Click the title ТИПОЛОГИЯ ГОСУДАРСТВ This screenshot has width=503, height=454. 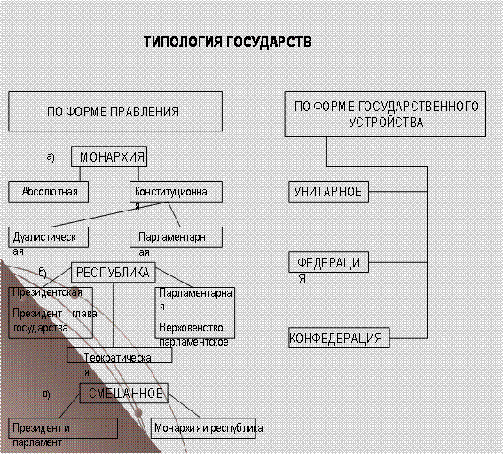point(228,43)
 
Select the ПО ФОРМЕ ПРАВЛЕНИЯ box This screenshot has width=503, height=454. point(115,111)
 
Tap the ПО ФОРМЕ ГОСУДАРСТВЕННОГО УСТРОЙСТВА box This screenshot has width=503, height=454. point(385,114)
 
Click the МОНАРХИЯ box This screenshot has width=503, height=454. point(109,156)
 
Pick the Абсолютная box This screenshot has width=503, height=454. point(49,192)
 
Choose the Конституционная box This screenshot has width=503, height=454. point(176,192)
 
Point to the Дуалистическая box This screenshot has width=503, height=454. point(49,237)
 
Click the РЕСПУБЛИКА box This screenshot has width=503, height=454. point(114,273)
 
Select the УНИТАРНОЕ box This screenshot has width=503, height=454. point(328,192)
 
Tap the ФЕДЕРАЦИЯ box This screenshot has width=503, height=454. point(328,262)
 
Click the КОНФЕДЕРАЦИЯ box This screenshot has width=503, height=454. point(339,338)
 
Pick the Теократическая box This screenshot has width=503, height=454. point(120,355)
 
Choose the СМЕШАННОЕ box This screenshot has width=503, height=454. point(124,393)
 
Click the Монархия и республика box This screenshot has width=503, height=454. point(203,428)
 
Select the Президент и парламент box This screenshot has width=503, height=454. point(63,428)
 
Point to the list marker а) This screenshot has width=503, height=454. point(51,156)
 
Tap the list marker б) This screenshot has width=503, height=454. point(43,273)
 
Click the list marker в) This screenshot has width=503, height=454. point(46,394)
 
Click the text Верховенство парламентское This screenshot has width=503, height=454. point(193,335)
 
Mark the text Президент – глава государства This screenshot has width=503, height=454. point(54,321)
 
